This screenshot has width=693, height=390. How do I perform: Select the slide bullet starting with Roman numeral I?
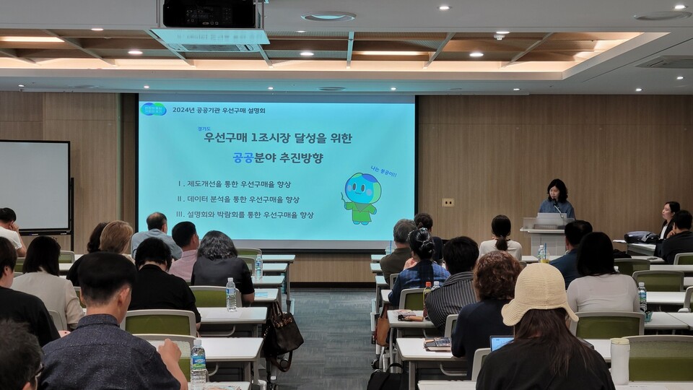[234, 183]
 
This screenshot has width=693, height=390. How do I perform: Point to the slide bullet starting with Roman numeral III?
[245, 214]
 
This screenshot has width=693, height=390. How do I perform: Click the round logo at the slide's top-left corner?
[153, 109]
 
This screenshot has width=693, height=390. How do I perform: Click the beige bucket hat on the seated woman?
[539, 292]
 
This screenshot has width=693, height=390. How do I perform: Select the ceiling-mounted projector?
[209, 14]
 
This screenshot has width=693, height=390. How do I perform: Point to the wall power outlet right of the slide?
[448, 202]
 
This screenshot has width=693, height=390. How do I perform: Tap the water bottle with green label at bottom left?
[198, 364]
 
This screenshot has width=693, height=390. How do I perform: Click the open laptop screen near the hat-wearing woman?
[501, 342]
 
